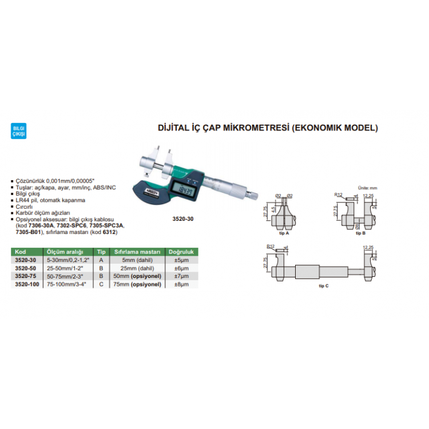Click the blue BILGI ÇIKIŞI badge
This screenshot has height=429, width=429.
click(19, 130)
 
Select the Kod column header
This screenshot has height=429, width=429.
click(21, 252)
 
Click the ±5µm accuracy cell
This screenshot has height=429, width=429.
click(181, 260)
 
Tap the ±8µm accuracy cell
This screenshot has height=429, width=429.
click(181, 283)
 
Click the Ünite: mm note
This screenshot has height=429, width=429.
click(368, 188)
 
